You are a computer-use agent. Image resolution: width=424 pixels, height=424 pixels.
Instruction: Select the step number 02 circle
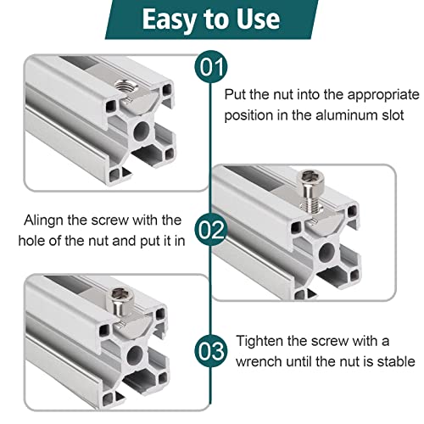tap(210, 229)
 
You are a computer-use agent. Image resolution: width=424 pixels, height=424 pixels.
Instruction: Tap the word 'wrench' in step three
tap(259, 360)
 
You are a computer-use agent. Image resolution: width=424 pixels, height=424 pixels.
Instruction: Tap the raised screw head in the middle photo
tap(309, 181)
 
